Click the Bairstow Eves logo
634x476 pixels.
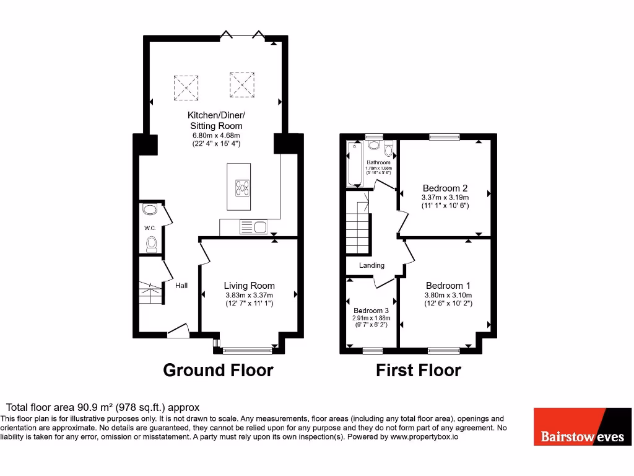pos(583,426)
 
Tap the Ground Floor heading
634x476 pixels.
pos(218,371)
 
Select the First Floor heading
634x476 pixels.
pos(419,371)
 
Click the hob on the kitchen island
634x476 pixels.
pos(241,187)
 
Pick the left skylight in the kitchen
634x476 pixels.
pos(185,88)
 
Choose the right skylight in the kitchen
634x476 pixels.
pos(242,84)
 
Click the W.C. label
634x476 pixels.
pos(149,228)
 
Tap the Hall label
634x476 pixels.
pos(181,286)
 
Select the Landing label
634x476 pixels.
pos(372,265)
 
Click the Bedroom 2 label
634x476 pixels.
pos(445,188)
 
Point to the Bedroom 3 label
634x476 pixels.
pos(371,311)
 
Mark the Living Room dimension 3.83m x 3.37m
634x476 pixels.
pos(248,295)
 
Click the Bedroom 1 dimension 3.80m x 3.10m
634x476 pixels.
pos(448,295)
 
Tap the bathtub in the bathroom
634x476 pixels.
pos(355,164)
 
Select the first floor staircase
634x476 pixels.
pos(358,232)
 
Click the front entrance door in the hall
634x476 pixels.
pos(178,332)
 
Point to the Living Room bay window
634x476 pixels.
pos(246,350)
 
